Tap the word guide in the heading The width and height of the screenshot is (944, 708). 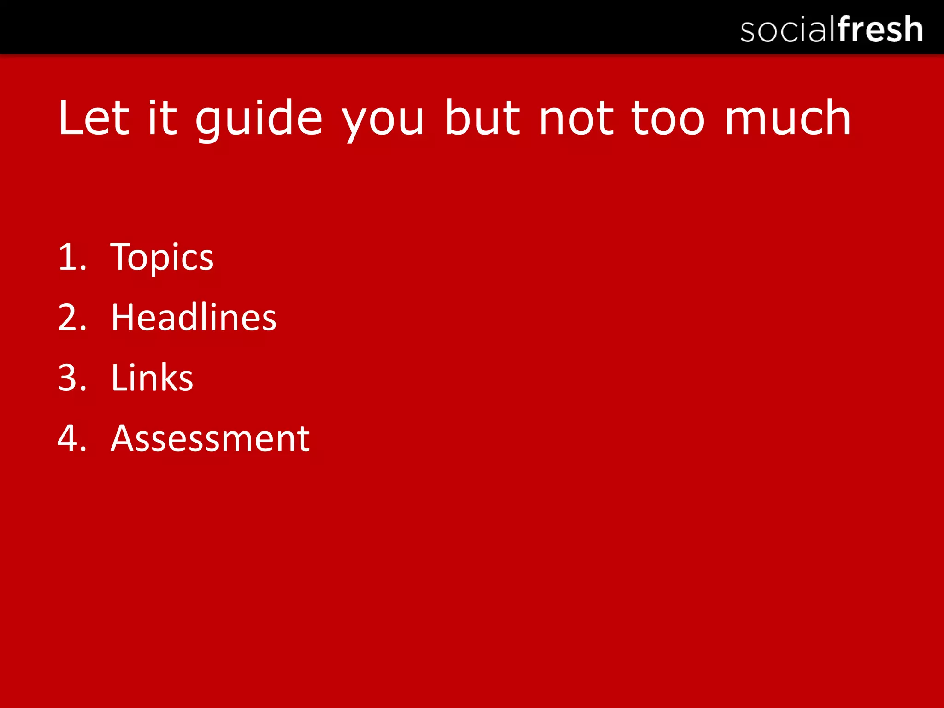[259, 119]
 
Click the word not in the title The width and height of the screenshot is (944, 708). [576, 119]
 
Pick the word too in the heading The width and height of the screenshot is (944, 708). [668, 119]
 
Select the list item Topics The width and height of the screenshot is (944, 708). [162, 257]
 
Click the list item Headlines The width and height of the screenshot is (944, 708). [194, 318]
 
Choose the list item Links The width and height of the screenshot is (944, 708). [152, 378]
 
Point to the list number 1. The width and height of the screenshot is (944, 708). [72, 257]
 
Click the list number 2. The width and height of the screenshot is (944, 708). [72, 318]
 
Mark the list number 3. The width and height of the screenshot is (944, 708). [72, 378]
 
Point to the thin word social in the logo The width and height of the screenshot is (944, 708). [788, 30]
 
